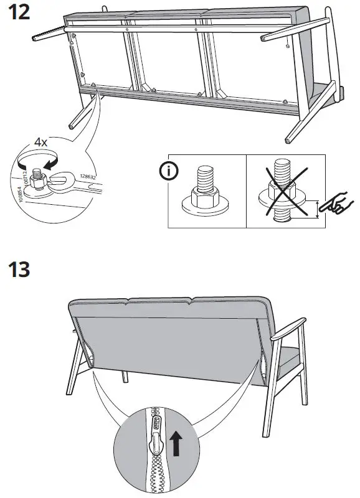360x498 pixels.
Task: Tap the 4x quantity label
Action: click(41, 142)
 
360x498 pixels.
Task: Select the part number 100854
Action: click(18, 194)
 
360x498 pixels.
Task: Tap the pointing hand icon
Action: click(337, 205)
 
